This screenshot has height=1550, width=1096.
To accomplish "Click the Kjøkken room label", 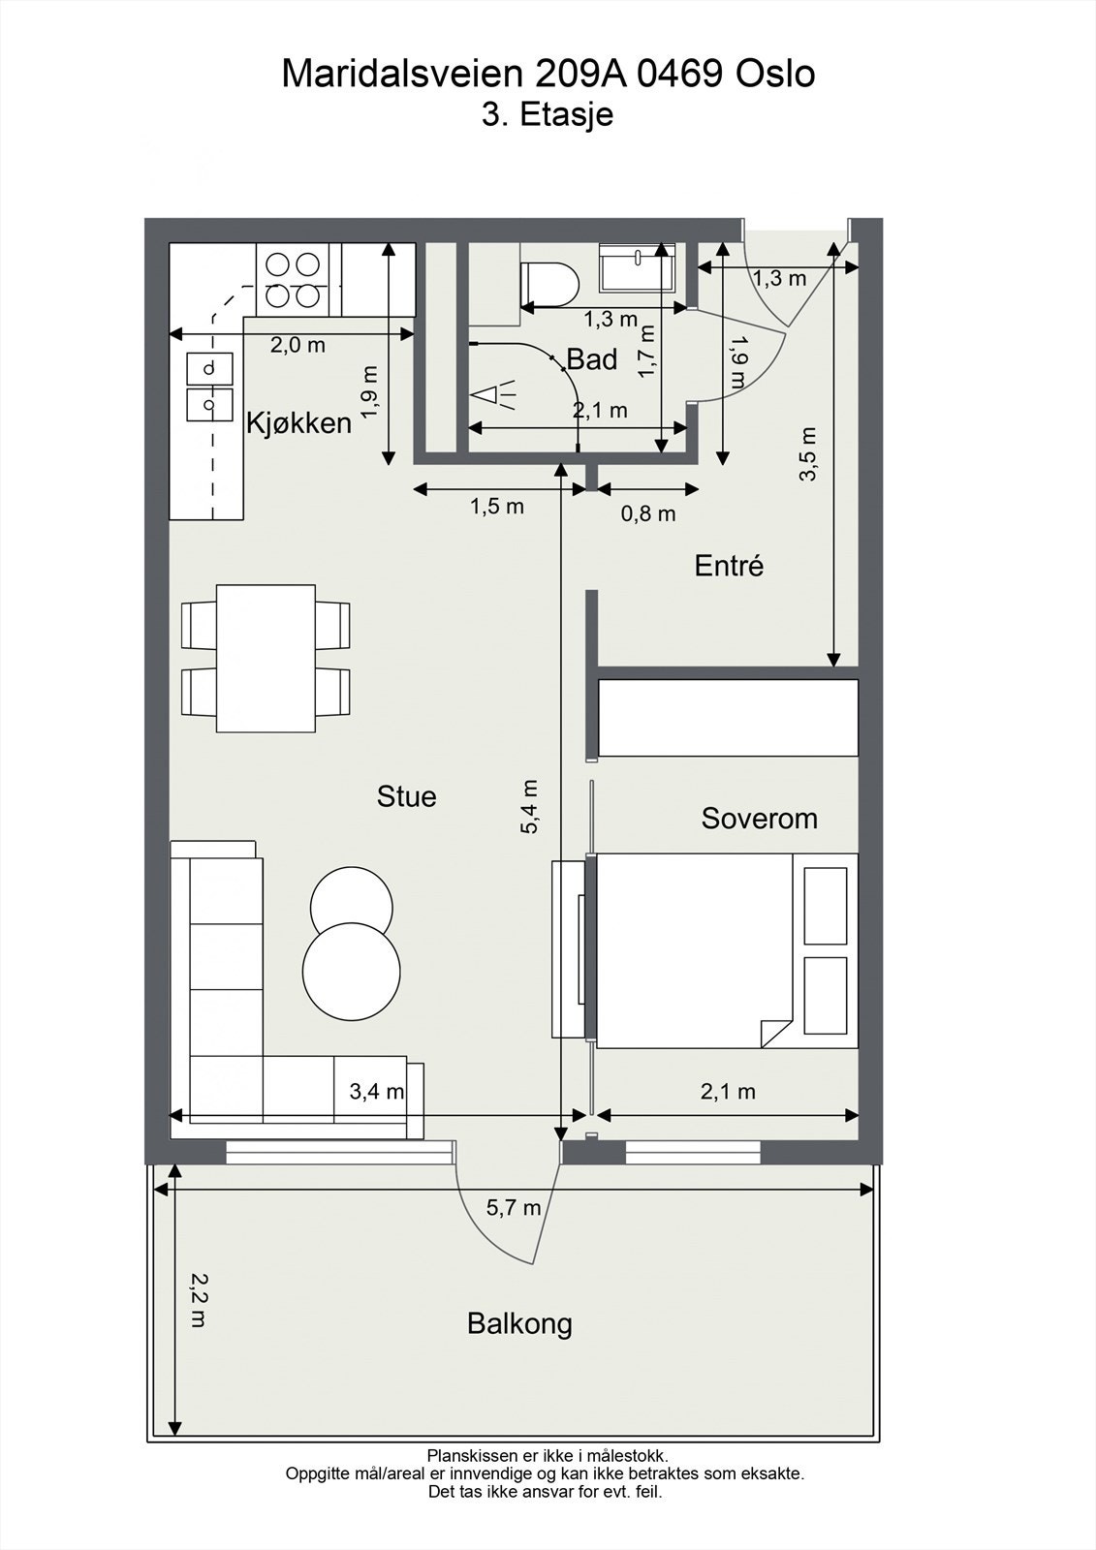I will pos(298,423).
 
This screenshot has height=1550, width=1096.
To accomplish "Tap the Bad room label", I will pos(591,359).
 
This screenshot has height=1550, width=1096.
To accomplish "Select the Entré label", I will pos(729,566).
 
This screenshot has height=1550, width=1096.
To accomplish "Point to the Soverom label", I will pos(759,819).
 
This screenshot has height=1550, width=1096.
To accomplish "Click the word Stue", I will pos(406,796).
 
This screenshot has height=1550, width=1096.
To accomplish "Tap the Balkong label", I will pos(519,1323).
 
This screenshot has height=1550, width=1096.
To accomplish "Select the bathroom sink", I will pos(637,267).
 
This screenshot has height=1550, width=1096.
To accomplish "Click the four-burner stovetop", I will pos(293,280).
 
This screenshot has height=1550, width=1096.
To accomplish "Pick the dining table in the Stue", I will pos(266,658).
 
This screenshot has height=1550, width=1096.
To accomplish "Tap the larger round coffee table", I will pos(351,969).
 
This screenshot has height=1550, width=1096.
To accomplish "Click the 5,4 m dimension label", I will pos(529,806).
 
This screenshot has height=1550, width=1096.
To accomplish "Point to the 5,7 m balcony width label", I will pos(514,1207).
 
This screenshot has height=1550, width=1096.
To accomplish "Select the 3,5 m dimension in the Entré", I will pos(809,453).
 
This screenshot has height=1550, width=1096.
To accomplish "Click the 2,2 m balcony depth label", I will pos(198,1300).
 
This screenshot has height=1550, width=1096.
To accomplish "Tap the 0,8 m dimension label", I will pos(647,513).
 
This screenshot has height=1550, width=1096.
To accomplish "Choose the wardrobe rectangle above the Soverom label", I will pos(728,717).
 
